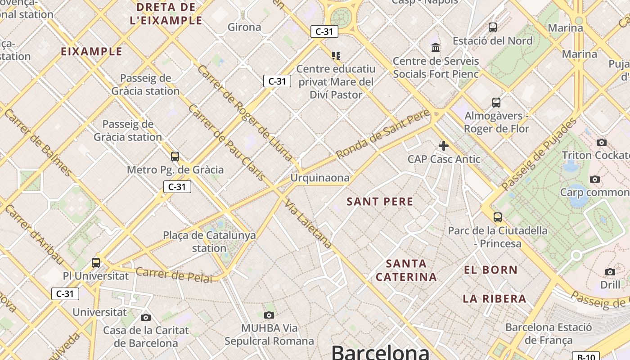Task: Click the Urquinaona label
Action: coord(319,178)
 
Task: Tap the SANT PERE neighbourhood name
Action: coord(380,202)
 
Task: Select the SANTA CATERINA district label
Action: coord(406,270)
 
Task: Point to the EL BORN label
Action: coord(491,270)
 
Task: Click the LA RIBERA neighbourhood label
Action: coord(495,299)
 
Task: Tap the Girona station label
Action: coord(244,27)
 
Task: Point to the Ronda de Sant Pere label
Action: coord(382,134)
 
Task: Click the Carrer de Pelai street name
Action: coord(174,274)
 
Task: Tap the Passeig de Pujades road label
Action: coord(539,154)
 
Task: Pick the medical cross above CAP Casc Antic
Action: coord(444,145)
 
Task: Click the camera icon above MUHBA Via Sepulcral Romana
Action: coord(269,315)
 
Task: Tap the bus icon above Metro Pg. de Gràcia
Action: coord(175,157)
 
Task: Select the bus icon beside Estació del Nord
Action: coord(493,27)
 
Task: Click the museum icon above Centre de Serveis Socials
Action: coord(436,47)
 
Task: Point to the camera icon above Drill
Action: coord(610,272)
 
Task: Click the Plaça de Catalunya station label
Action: coord(209,241)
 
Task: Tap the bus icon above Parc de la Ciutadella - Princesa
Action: coord(498,217)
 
